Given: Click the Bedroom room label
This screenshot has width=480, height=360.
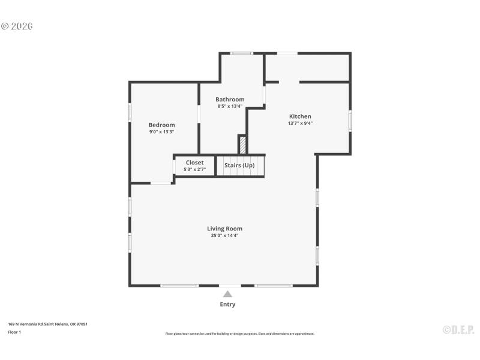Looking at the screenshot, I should tap(161, 125).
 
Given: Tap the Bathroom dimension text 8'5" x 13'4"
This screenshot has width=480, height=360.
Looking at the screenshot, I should tap(230, 107).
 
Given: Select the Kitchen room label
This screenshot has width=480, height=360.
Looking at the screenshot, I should tap(300, 116).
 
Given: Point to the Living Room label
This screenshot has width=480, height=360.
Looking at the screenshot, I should tap(224, 229).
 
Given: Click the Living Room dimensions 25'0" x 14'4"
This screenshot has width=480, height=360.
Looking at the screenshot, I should tap(224, 236).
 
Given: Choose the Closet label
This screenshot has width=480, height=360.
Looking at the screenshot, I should tap(194, 163).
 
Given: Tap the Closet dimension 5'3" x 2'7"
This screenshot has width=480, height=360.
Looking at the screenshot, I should tap(194, 170).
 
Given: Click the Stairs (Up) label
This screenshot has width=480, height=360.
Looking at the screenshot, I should tap(239, 165).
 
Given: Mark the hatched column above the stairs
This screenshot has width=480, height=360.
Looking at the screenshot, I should tap(242, 145).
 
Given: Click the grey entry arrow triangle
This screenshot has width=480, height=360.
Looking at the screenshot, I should tap(227, 294).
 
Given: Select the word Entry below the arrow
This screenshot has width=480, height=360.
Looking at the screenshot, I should tap(227, 304).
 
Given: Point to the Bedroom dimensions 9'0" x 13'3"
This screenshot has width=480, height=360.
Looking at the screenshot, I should tap(161, 132).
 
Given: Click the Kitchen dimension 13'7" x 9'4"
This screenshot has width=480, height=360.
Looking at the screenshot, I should tap(300, 124).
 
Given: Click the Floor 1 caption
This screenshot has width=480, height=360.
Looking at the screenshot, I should tap(14, 332).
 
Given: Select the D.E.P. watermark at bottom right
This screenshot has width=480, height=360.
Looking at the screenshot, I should tap(458, 329).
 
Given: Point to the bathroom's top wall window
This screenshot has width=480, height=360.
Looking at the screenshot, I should tap(242, 53).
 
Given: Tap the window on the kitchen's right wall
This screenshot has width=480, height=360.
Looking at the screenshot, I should tap(350, 121).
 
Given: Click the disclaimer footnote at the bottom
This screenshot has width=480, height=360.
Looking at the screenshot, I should tap(239, 334).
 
